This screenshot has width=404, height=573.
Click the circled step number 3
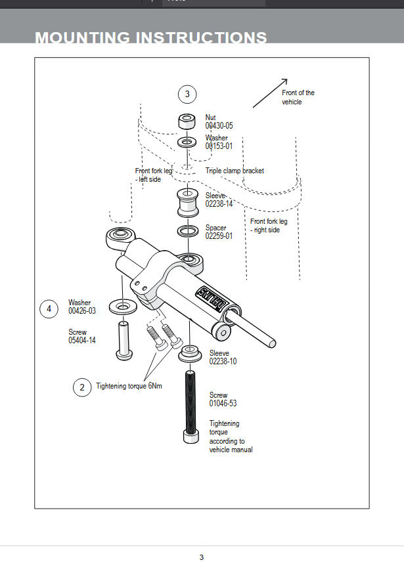187,95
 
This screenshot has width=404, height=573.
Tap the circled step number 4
49,308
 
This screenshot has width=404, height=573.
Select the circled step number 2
81,387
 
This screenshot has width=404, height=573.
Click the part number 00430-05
219,125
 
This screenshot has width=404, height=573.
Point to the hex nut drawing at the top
187,121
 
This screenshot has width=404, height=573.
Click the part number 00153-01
219,146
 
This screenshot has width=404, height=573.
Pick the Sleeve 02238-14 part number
219,204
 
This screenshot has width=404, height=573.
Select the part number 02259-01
219,236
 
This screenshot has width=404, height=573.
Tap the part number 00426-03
82,311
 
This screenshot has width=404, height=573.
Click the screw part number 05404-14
82,341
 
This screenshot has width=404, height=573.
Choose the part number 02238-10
223,362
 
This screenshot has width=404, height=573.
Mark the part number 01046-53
223,404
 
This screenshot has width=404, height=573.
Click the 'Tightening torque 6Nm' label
129,386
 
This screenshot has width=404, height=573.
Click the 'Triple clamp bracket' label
235,171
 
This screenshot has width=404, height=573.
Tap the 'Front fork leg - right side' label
269,226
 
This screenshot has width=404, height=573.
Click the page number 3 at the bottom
202,557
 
